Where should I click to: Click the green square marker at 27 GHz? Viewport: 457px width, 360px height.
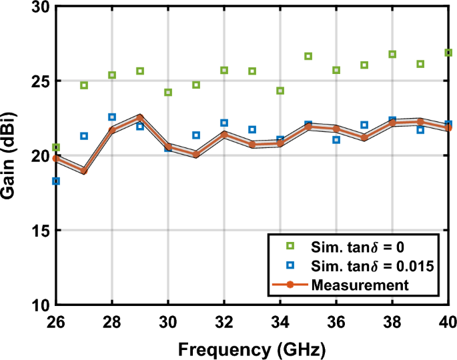coord(84,85)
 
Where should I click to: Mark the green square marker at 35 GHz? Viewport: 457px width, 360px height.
coord(308,56)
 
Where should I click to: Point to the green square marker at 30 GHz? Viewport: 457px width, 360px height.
coord(168,92)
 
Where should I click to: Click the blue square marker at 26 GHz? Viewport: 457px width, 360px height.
coord(56,181)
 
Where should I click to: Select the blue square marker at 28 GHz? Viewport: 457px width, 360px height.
coord(112,117)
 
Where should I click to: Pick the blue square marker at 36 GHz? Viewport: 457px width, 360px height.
coord(336,140)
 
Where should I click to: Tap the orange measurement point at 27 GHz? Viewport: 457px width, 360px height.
coord(84,171)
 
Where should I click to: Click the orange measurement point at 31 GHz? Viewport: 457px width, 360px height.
coord(196,155)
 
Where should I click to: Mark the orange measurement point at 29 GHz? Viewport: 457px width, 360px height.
coord(140,117)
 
